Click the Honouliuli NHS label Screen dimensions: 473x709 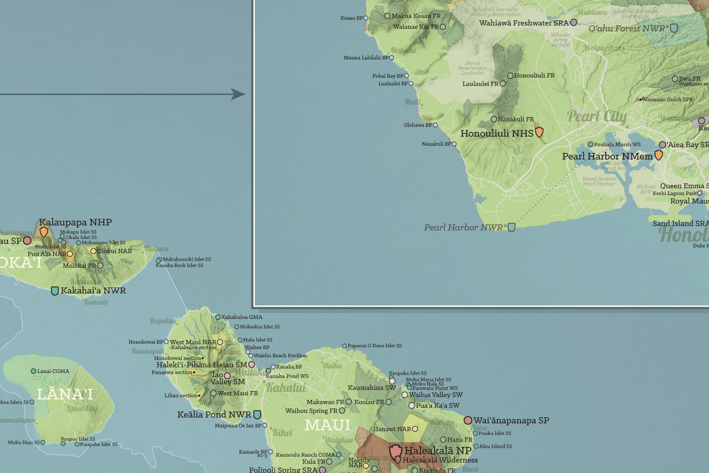coord(497,133)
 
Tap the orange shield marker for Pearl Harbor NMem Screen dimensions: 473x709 coord(658,155)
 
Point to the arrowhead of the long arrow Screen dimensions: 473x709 coord(239,94)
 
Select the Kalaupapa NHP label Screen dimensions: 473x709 coord(75,222)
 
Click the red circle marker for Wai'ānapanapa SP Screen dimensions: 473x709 coord(468,420)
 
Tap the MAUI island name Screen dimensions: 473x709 coord(327,426)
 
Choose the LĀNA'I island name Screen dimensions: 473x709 coord(65,394)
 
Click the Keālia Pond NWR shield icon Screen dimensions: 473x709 coord(257,415)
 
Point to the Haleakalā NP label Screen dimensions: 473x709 coord(437,450)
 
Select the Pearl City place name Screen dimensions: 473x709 coord(597,117)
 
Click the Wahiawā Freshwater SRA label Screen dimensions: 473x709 coord(523,23)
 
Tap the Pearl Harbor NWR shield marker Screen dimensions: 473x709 coord(512,227)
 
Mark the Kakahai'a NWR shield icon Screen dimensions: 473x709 coord(55,291)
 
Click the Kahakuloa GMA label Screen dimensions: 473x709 coord(242,317)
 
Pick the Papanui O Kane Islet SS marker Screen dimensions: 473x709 coord(344,346)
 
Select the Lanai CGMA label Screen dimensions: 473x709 coord(53,371)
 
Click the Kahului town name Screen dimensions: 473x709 coord(286,388)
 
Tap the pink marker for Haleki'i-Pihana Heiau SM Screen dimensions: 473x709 coord(252,364)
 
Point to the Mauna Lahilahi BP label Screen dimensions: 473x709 coord(366,58)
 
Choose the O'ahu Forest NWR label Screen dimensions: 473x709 coord(627,29)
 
